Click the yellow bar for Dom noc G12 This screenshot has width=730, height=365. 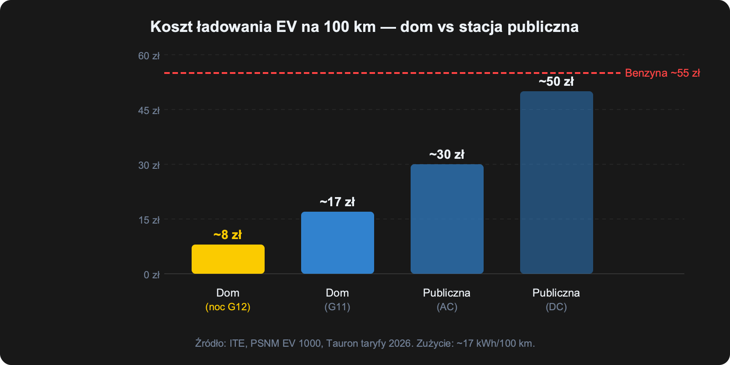[x=228, y=259]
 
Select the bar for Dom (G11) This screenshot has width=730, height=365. [x=337, y=243]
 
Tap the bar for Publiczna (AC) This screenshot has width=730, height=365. [x=447, y=219]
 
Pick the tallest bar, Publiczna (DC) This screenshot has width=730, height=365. [x=556, y=182]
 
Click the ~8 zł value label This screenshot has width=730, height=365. [x=228, y=235]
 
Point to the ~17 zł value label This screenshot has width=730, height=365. [x=337, y=202]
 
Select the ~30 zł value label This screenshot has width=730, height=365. [x=447, y=155]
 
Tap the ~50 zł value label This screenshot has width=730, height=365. [x=556, y=82]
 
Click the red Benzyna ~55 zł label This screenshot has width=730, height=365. [x=662, y=73]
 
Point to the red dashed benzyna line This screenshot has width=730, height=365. [x=365, y=73]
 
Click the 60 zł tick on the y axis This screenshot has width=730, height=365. [x=149, y=56]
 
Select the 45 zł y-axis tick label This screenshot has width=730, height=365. [x=149, y=110]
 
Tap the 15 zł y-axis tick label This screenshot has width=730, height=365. [x=149, y=220]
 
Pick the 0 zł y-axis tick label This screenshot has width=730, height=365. [x=151, y=275]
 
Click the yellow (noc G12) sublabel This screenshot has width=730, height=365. [x=228, y=307]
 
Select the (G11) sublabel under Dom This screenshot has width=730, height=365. [x=337, y=307]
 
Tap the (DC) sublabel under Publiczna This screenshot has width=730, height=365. [x=556, y=307]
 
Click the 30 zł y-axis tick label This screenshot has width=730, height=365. [x=149, y=165]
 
